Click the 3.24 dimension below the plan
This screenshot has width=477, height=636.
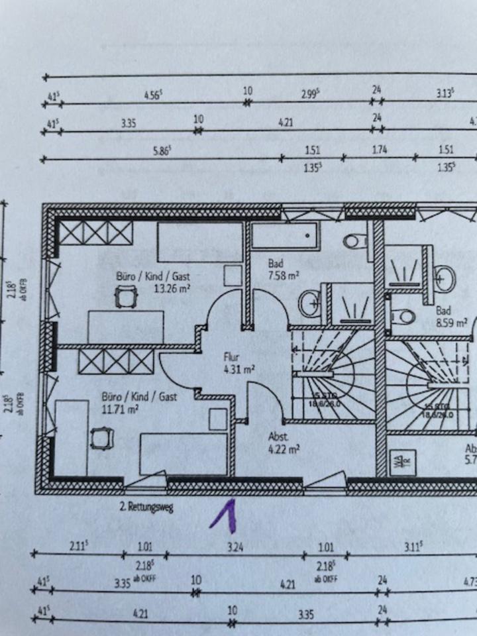tap(235, 547)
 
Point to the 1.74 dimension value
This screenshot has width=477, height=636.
tap(379, 150)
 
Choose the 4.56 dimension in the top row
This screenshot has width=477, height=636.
tap(154, 94)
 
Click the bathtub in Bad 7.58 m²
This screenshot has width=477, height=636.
tap(286, 236)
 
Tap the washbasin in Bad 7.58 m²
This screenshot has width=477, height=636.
tap(309, 304)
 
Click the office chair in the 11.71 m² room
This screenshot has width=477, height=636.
tap(101, 438)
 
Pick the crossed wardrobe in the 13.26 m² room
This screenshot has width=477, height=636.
tap(95, 233)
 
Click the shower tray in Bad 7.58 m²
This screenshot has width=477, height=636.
tap(346, 304)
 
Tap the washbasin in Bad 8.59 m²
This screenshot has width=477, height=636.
tap(445, 278)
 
